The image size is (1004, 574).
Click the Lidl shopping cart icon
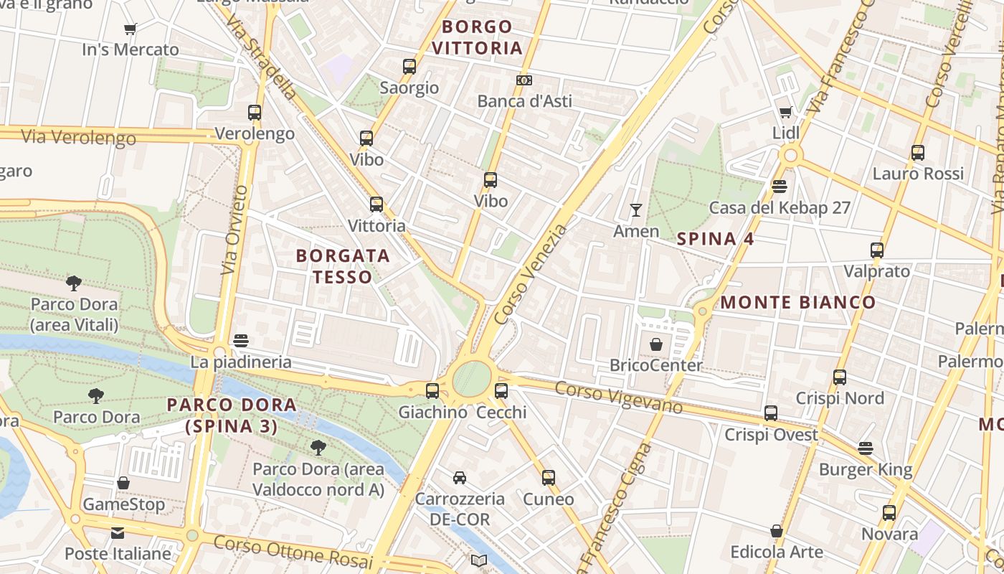[785, 112]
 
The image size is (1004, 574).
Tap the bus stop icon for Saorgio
[409, 67]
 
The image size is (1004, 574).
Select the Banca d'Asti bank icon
[524, 80]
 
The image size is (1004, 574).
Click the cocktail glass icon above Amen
[635, 210]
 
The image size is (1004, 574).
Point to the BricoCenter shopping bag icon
[655, 344]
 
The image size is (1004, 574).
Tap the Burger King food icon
[866, 448]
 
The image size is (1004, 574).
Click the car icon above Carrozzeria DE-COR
[459, 477]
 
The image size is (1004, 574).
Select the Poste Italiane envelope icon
[118, 533]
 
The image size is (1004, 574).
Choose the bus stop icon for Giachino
[432, 391]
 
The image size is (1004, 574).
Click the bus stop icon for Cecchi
[501, 391]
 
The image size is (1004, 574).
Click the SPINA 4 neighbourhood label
[715, 239]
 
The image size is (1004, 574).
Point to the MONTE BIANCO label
[797, 302]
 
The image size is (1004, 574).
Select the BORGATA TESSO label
[343, 266]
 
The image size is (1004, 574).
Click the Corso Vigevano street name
[618, 397]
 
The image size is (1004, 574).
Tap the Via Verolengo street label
[78, 137]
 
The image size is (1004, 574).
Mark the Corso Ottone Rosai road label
[293, 552]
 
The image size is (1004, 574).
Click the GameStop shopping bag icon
[123, 483]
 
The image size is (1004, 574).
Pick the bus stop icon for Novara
[889, 513]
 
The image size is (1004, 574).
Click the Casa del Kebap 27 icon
[780, 187]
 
